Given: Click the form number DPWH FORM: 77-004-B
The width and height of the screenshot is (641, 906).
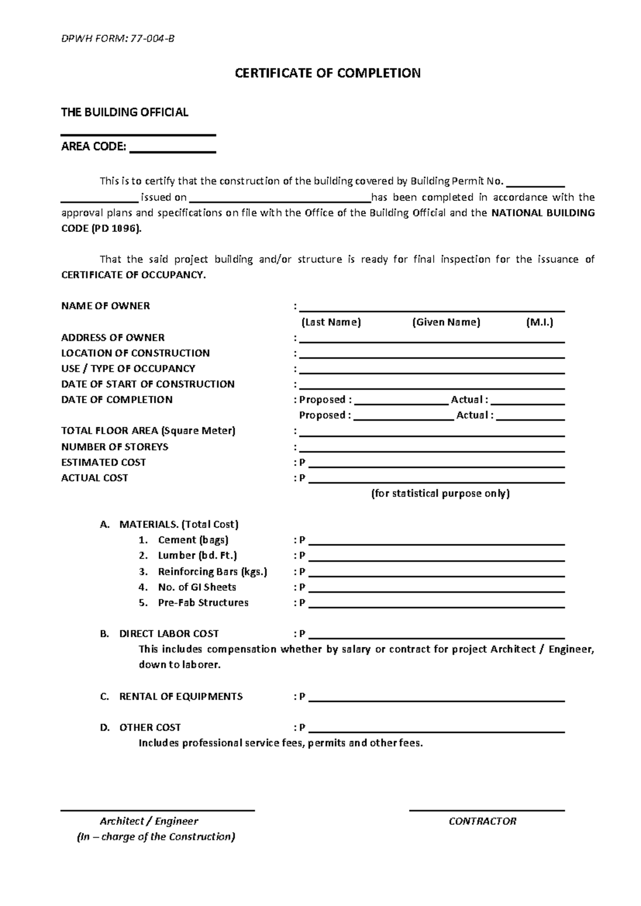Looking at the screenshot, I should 117,38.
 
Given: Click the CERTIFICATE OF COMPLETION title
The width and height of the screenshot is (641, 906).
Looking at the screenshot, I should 327,73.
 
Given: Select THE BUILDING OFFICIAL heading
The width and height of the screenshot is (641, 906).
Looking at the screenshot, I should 124,112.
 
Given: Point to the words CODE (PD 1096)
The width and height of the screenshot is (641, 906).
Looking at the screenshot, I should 102,229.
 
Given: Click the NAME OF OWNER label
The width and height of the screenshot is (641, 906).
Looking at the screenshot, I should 106,306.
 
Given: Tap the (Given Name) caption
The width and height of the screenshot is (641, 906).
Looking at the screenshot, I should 446,322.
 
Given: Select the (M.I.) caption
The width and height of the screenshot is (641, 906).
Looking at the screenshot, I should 539,322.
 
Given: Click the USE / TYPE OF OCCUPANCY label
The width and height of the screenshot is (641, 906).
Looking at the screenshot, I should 128,369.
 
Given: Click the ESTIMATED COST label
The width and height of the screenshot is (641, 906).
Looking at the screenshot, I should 104,462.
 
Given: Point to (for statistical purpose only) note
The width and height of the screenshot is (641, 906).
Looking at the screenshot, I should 440,494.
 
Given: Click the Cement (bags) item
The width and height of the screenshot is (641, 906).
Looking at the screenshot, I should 193,540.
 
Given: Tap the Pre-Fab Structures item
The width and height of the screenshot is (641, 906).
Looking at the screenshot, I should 203,603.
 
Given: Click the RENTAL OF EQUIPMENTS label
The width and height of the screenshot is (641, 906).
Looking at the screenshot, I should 181,697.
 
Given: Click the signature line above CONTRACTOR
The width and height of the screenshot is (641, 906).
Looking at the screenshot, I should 487,810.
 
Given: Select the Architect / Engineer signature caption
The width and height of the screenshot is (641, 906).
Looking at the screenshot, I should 149,821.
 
